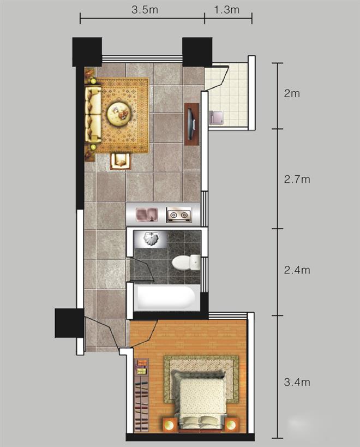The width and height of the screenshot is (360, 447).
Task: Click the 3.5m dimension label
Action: pyautogui.click(x=145, y=10)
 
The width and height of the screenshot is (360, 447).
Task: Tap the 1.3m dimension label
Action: pyautogui.click(x=227, y=10)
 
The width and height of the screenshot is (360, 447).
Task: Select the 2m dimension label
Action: pyautogui.click(x=292, y=93)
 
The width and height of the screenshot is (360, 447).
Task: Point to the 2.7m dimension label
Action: pyautogui.click(x=297, y=180)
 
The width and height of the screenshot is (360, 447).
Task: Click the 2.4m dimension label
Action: pyautogui.click(x=297, y=270)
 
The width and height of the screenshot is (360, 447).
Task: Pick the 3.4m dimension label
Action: pyautogui.click(x=297, y=382)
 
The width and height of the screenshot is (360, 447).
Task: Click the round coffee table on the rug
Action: pyautogui.click(x=119, y=114)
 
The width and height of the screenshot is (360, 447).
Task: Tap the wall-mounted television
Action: pyautogui.click(x=191, y=124)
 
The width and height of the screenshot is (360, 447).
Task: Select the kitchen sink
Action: pyautogui.click(x=147, y=215)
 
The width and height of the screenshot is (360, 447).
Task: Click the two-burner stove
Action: pyautogui.click(x=179, y=215)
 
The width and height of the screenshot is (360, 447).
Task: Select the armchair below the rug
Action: pyautogui.click(x=121, y=162)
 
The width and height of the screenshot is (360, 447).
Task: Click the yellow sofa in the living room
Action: pyautogui.click(x=93, y=114)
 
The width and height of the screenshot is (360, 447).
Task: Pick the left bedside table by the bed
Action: pyautogui.click(x=170, y=425)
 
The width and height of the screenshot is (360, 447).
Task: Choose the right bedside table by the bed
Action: pyautogui.click(x=232, y=425)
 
